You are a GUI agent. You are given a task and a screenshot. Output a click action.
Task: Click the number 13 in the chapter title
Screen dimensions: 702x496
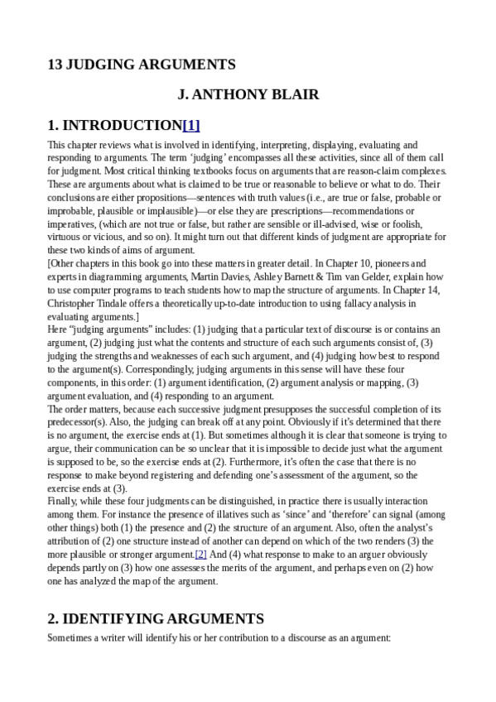click(x=55, y=65)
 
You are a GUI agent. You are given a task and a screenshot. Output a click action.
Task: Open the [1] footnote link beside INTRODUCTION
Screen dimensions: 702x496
click(x=190, y=126)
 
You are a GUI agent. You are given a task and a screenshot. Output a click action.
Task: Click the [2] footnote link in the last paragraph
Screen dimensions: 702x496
click(x=200, y=553)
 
